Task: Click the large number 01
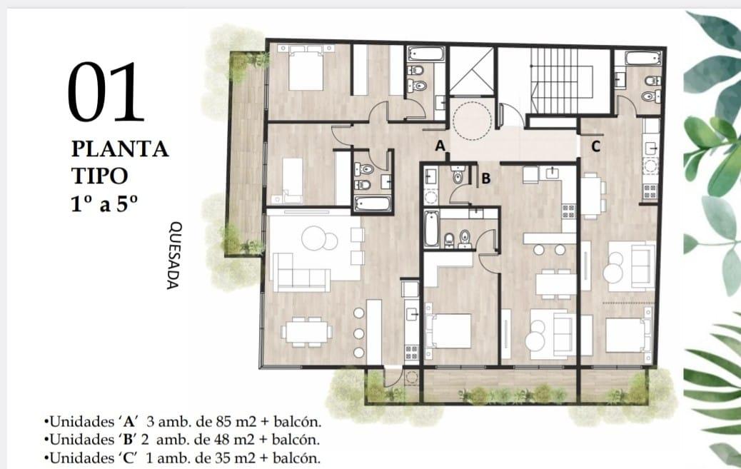tap(106, 91)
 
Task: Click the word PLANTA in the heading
tap(120, 149)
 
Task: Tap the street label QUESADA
tap(173, 256)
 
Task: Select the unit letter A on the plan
tap(440, 146)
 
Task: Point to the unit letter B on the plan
tap(486, 178)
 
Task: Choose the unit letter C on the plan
tap(596, 146)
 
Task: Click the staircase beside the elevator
tap(561, 81)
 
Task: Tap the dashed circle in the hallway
tap(472, 121)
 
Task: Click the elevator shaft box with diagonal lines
tap(472, 71)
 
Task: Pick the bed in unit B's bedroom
tap(448, 331)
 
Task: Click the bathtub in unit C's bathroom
tap(642, 58)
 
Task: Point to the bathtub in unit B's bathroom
tap(431, 229)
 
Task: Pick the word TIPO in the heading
tap(100, 176)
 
